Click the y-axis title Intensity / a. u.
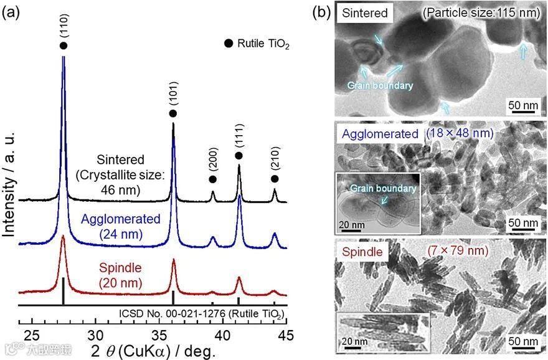[x=11, y=178]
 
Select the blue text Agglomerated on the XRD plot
[x=121, y=220]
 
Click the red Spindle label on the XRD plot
[x=121, y=269]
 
